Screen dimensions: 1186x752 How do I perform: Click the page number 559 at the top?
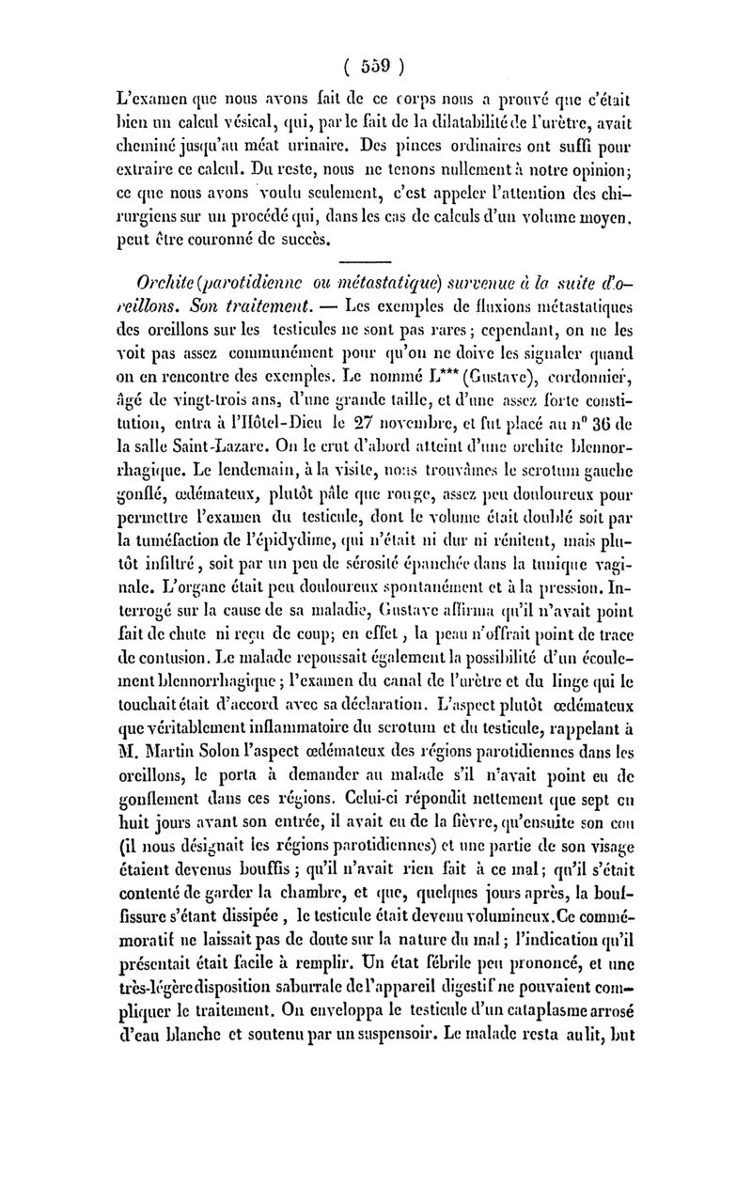pyautogui.click(x=374, y=67)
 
